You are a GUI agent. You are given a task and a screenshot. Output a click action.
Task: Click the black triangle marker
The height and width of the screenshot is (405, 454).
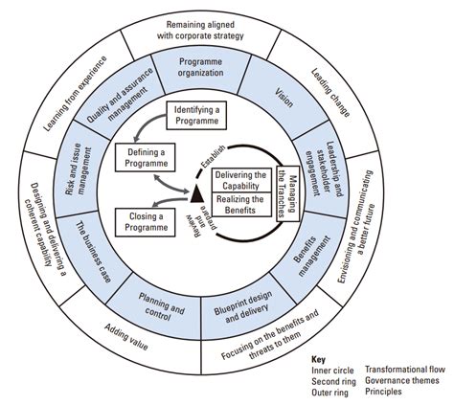point(196,195)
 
